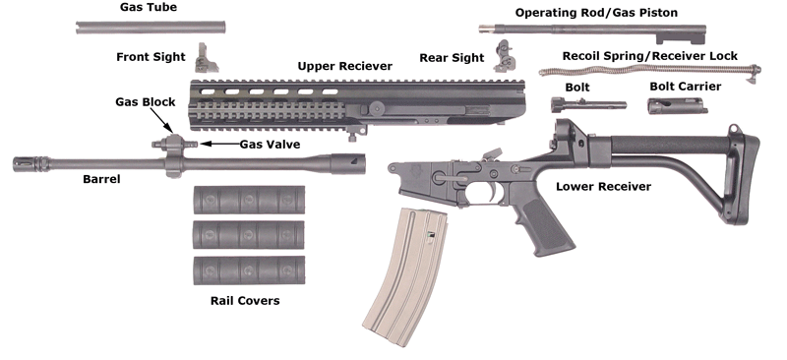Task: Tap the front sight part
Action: coord(207,59)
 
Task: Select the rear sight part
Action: coord(506,55)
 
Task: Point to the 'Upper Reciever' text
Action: coord(344,66)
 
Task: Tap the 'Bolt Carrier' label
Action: coord(685,87)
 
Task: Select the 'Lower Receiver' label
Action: coord(602,185)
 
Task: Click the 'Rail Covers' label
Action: coord(245,300)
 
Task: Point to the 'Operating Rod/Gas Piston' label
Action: coord(596,12)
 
